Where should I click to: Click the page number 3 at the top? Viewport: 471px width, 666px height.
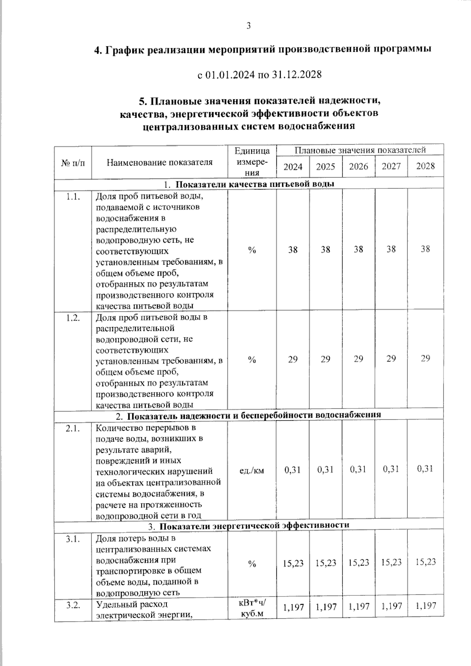pyautogui.click(x=248, y=26)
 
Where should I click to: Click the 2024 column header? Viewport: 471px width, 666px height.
pyautogui.click(x=293, y=167)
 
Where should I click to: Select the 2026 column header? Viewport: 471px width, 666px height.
pyautogui.click(x=358, y=167)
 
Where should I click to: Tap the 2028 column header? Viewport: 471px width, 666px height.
pyautogui.click(x=425, y=166)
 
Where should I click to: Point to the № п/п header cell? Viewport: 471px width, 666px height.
pyautogui.click(x=73, y=162)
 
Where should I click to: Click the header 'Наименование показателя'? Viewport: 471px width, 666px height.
pyautogui.click(x=159, y=162)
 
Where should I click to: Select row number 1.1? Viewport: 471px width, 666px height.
pyautogui.click(x=73, y=197)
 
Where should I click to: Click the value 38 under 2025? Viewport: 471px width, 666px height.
pyautogui.click(x=325, y=250)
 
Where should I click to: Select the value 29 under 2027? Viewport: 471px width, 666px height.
pyautogui.click(x=391, y=359)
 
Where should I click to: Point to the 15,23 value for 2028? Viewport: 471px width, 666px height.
pyautogui.click(x=425, y=562)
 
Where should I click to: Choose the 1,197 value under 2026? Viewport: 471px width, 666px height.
pyautogui.click(x=358, y=607)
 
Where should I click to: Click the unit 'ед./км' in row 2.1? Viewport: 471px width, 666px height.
pyautogui.click(x=252, y=470)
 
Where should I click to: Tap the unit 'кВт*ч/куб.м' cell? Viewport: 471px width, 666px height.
pyautogui.click(x=252, y=608)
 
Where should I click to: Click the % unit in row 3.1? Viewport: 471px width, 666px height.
pyautogui.click(x=252, y=564)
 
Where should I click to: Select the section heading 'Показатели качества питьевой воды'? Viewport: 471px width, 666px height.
pyautogui.click(x=254, y=184)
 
